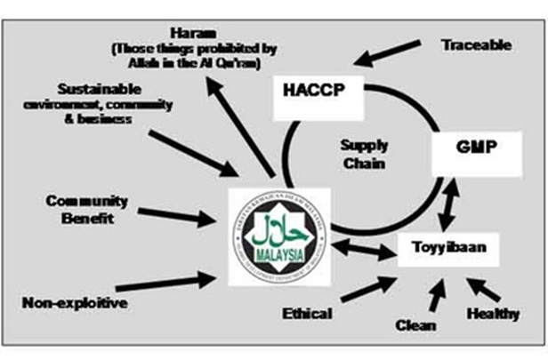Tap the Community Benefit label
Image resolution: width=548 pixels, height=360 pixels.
click(87, 209)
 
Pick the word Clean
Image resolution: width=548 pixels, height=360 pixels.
click(416, 325)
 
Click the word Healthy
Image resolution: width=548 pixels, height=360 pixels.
click(495, 313)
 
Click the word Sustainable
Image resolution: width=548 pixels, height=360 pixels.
click(101, 90)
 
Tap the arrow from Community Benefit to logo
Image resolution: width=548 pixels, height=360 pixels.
click(178, 216)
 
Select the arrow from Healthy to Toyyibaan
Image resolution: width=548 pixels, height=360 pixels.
click(479, 289)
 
